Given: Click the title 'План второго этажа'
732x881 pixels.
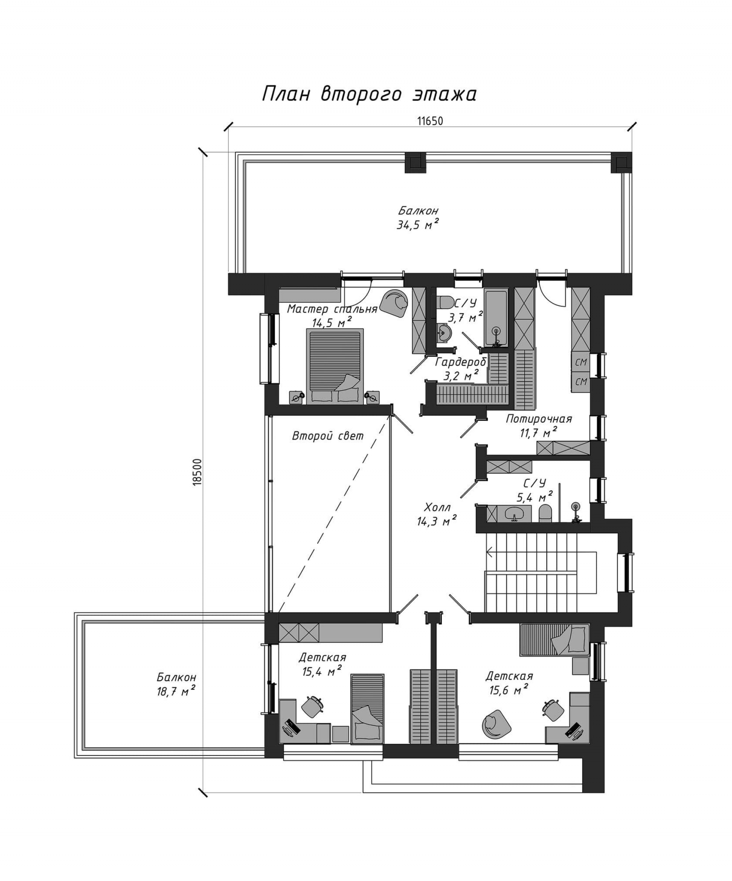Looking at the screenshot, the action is pos(369,94).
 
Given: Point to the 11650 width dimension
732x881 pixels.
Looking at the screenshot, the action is pos(430,121).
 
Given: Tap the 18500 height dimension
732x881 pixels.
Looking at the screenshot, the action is pos(197,472).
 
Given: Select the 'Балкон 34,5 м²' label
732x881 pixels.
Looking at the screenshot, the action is pos(418,218).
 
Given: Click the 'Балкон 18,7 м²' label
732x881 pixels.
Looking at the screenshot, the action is pos(176,684).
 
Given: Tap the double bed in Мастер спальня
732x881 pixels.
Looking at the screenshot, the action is pos(335,366).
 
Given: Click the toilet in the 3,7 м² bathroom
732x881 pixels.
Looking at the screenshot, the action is pos(444,302).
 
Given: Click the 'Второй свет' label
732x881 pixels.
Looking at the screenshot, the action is pos(327,436).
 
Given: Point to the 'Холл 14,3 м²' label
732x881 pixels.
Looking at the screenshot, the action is pos(437,514).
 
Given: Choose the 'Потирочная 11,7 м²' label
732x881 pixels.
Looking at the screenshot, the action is pos(539,425).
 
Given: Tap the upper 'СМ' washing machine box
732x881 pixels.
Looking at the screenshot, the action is pos(581,362).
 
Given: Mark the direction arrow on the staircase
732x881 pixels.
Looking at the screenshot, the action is pos(490,553).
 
